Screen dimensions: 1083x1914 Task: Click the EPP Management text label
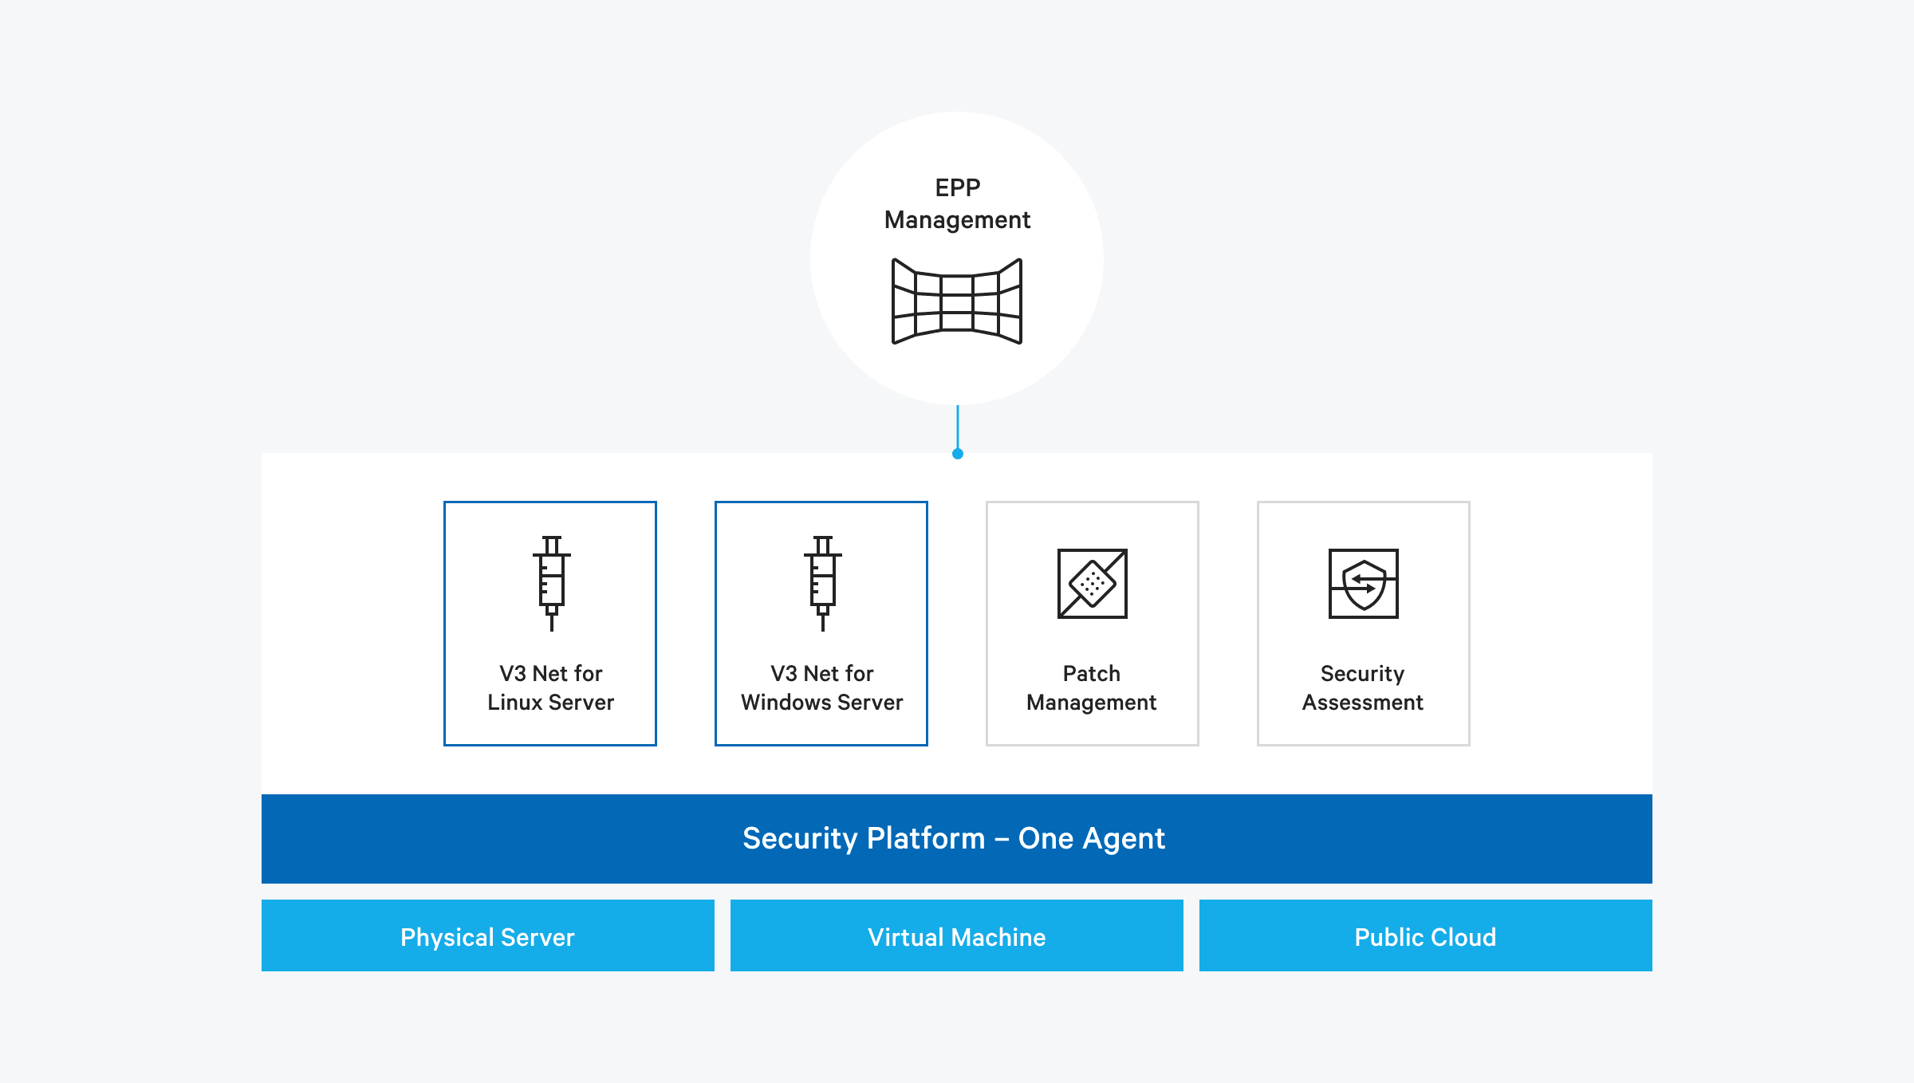pyautogui.click(x=957, y=204)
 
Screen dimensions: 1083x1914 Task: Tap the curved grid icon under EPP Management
pyautogui.click(x=957, y=301)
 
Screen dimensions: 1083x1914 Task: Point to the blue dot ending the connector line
pyautogui.click(x=958, y=454)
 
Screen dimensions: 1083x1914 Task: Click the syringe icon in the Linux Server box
pyautogui.click(x=551, y=583)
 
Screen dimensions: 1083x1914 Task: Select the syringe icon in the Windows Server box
pyautogui.click(x=822, y=583)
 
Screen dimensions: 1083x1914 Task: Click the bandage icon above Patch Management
pyautogui.click(x=1093, y=583)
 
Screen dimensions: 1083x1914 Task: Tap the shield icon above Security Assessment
pyautogui.click(x=1364, y=583)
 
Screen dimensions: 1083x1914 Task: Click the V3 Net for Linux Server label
pyautogui.click(x=550, y=687)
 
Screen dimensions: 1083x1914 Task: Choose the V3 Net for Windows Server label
pyautogui.click(x=821, y=687)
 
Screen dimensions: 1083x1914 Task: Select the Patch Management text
pyautogui.click(x=1092, y=687)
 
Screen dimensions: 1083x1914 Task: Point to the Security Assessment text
pyautogui.click(x=1363, y=687)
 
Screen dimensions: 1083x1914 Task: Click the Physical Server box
pyautogui.click(x=488, y=935)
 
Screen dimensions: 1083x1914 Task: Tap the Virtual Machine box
pyautogui.click(x=957, y=935)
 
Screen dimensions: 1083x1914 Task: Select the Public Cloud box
pyautogui.click(x=1426, y=935)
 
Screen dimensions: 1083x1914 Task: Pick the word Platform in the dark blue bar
pyautogui.click(x=926, y=838)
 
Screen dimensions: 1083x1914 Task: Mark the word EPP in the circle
pyautogui.click(x=957, y=187)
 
